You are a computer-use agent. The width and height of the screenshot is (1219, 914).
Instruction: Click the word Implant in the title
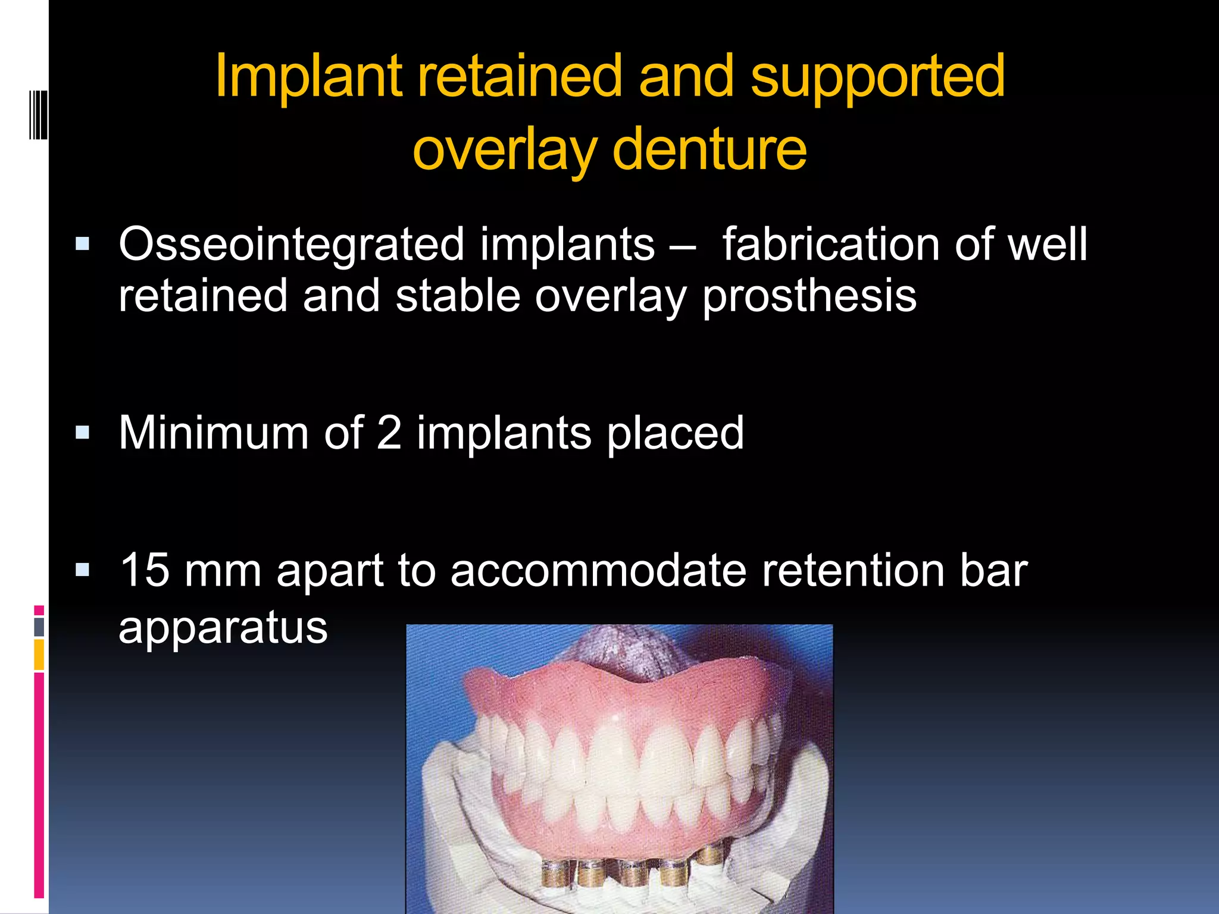tap(308, 77)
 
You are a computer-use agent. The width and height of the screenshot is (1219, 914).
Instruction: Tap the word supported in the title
tap(877, 77)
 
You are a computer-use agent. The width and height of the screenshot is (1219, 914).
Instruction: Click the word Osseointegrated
tap(291, 245)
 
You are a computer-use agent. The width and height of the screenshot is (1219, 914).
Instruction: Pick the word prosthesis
tap(809, 296)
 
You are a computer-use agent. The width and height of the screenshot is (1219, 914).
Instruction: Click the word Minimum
tap(213, 433)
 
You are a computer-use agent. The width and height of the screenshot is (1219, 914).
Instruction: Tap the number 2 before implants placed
tap(389, 433)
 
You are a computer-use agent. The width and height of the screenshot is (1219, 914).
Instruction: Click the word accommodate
tap(598, 570)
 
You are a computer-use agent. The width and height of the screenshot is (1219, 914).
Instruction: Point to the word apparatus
tap(223, 628)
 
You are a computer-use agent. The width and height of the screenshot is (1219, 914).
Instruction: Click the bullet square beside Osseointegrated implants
tap(82, 244)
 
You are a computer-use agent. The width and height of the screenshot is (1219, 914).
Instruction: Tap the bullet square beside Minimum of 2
tap(82, 432)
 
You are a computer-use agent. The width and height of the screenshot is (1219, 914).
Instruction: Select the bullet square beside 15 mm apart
tap(82, 571)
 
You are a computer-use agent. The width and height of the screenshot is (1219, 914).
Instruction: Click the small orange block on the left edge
tap(39, 654)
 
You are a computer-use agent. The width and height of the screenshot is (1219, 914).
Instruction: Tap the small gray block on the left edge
tap(39, 627)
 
